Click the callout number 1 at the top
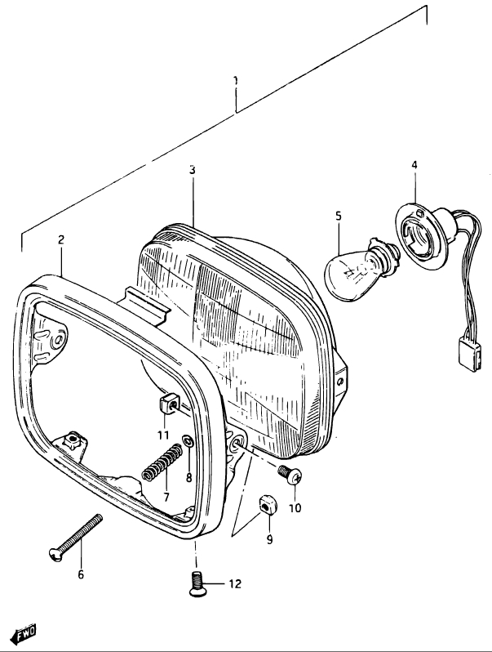coord(236,80)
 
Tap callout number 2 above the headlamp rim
coord(61,239)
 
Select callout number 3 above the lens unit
coord(193,170)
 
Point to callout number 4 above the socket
coord(414,165)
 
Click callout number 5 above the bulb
coord(339,216)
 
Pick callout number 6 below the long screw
coord(81,574)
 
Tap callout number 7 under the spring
coord(166,497)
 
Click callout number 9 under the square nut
coord(269,539)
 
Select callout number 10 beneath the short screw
coord(295,508)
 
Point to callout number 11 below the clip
coord(163,435)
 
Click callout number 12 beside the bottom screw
coord(235,584)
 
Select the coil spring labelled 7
coord(162,462)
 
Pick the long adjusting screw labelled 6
coord(76,538)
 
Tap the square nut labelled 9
coord(267,504)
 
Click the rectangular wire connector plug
coord(470,355)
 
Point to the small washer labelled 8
coord(188,440)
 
